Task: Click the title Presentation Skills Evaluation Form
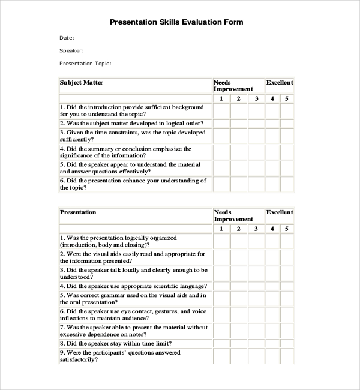pyautogui.click(x=176, y=22)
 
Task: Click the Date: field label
pyautogui.click(x=67, y=38)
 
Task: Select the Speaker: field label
pyautogui.click(x=71, y=51)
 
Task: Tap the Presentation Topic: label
pyautogui.click(x=85, y=64)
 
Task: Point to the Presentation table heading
pyautogui.click(x=78, y=212)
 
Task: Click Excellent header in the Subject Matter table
pyautogui.click(x=280, y=83)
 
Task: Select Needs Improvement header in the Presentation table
pyautogui.click(x=233, y=216)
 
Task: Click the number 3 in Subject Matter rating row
pyautogui.click(x=256, y=99)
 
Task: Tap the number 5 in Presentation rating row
pyautogui.click(x=287, y=229)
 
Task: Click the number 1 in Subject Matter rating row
pyautogui.click(x=221, y=99)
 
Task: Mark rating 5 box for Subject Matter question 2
pyautogui.click(x=287, y=124)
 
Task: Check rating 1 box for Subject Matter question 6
pyautogui.click(x=221, y=184)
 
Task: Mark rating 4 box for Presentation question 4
pyautogui.click(x=272, y=287)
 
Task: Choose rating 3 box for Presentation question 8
pyautogui.click(x=256, y=344)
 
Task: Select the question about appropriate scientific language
pyautogui.click(x=133, y=287)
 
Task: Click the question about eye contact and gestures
pyautogui.click(x=133, y=315)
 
